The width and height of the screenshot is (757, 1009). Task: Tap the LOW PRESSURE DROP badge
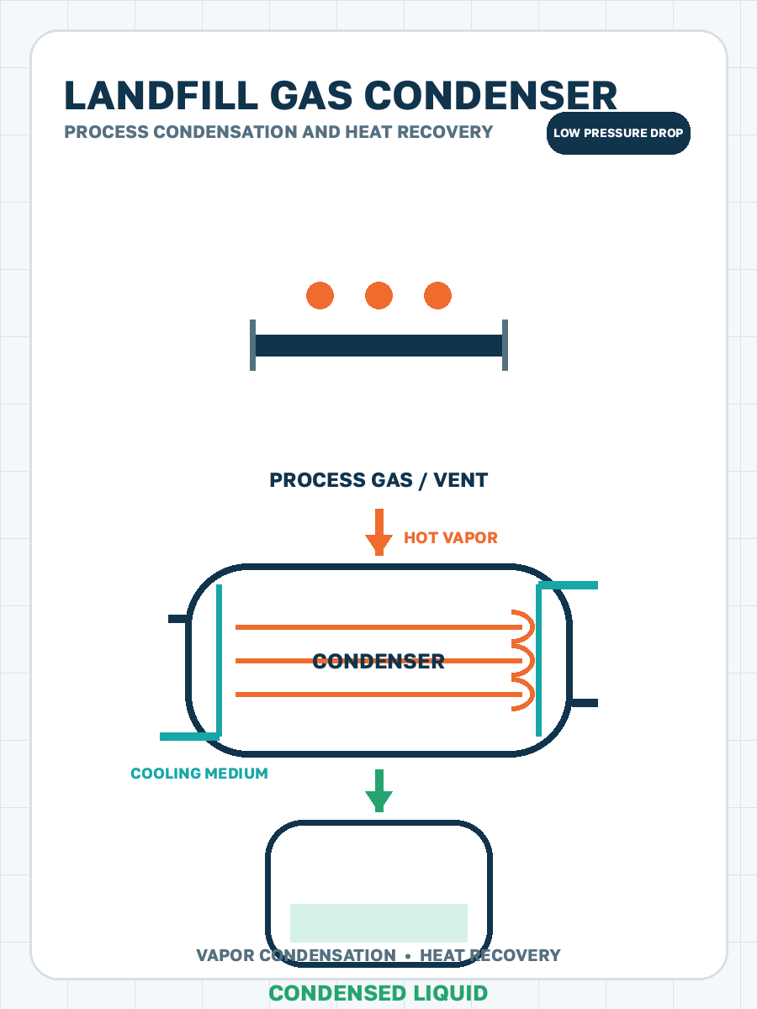pyautogui.click(x=618, y=133)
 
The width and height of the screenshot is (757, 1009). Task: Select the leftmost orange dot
pyautogui.click(x=320, y=296)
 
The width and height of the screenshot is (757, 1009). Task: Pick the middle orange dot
pyautogui.click(x=378, y=296)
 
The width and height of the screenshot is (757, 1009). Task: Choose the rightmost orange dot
pyautogui.click(x=437, y=296)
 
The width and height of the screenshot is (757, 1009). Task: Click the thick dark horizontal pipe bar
pyautogui.click(x=378, y=346)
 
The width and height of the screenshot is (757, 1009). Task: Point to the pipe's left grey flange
pyautogui.click(x=252, y=346)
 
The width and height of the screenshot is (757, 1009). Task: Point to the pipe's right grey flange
pyautogui.click(x=506, y=346)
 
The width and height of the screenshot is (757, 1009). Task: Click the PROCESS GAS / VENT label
pyautogui.click(x=378, y=480)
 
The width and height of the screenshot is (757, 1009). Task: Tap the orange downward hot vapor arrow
pyautogui.click(x=378, y=532)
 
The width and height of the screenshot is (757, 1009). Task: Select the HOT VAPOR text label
pyautogui.click(x=451, y=538)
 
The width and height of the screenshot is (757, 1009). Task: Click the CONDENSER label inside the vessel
pyautogui.click(x=378, y=662)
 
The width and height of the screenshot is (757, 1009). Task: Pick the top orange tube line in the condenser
pyautogui.click(x=378, y=627)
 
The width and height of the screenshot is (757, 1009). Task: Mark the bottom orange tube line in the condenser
pyautogui.click(x=378, y=695)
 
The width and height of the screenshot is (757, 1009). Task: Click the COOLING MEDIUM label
pyautogui.click(x=199, y=774)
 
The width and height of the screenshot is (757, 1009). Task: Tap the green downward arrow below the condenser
pyautogui.click(x=378, y=790)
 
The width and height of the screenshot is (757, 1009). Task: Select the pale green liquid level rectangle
pyautogui.click(x=378, y=923)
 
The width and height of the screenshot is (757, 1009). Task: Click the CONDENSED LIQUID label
pyautogui.click(x=378, y=993)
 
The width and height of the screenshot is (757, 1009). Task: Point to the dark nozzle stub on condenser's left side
pyautogui.click(x=178, y=619)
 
